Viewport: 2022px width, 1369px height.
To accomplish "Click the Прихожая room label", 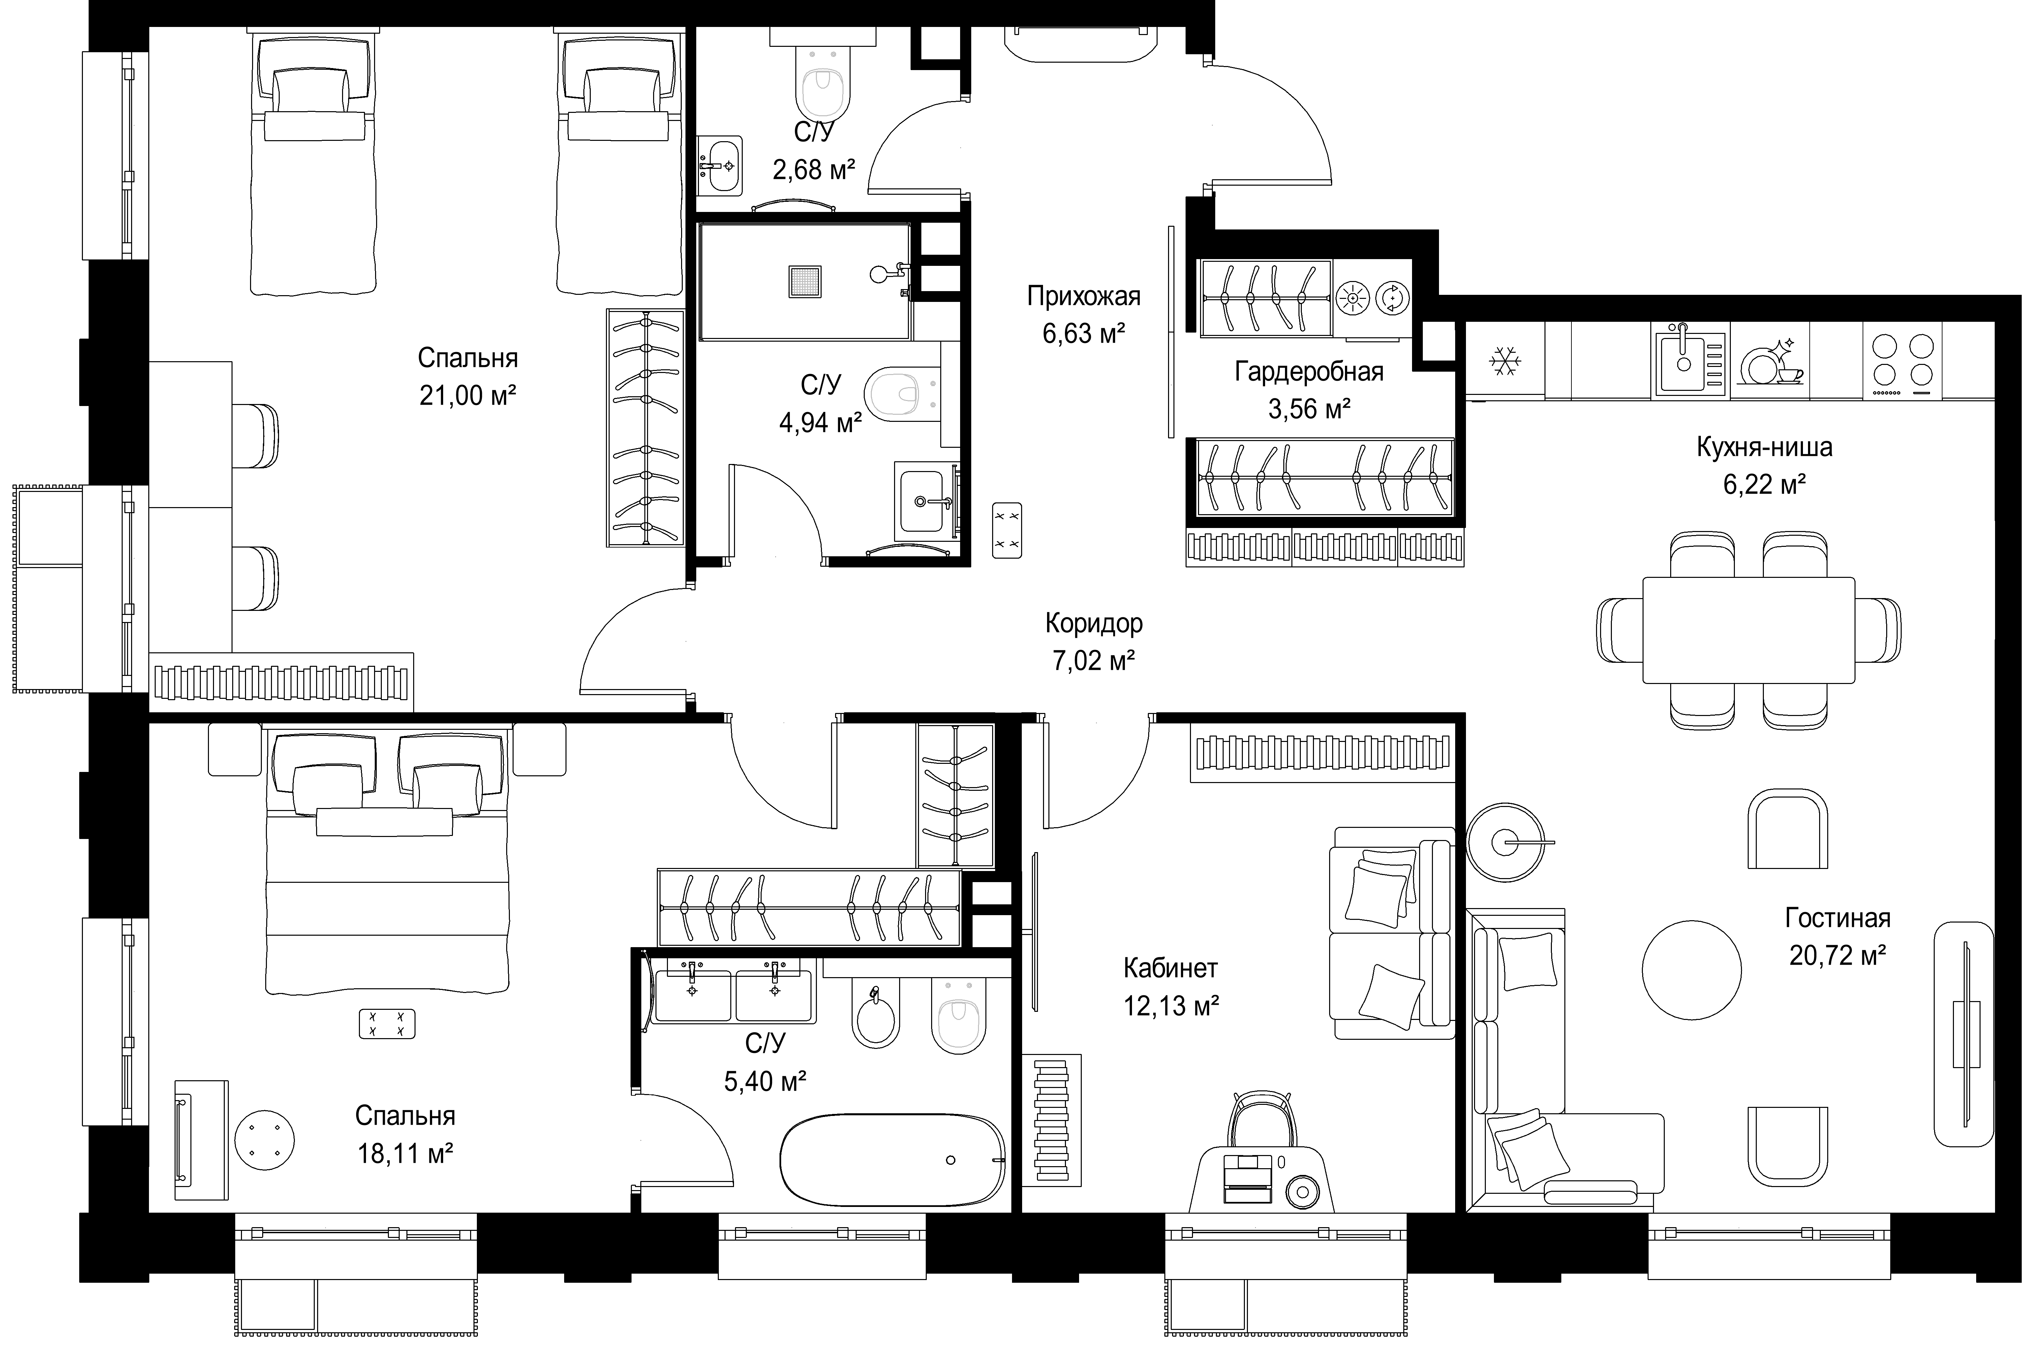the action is [x=1083, y=297].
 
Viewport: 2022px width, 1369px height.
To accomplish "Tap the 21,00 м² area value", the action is [x=468, y=396].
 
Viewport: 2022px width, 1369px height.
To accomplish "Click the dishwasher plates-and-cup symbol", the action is [x=1770, y=363].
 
